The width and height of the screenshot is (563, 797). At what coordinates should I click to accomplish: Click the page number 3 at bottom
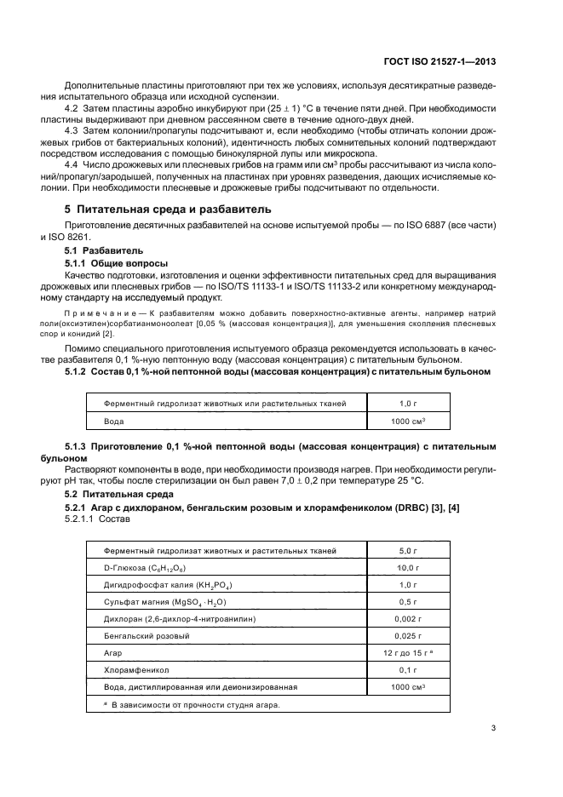[x=494, y=727]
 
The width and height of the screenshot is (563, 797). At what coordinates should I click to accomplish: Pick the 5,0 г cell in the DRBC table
[x=411, y=551]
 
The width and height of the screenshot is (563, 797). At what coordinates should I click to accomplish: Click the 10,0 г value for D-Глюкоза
[x=411, y=567]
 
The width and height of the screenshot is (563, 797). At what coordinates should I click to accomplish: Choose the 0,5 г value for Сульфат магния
[x=411, y=601]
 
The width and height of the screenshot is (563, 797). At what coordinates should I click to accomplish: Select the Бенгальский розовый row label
[x=146, y=635]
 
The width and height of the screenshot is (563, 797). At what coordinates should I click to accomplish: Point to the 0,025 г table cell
[x=411, y=635]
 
